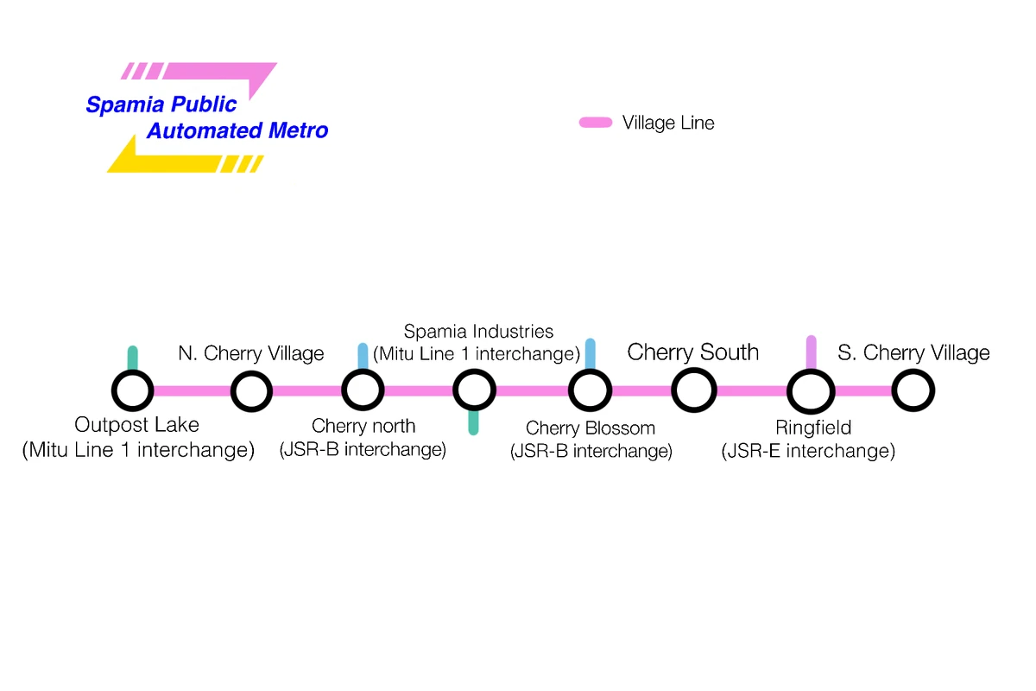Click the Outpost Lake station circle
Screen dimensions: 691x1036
(x=133, y=391)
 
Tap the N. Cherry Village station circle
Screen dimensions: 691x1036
(x=251, y=391)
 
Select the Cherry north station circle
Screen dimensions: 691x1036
(x=363, y=390)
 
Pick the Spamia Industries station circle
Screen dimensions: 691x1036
(x=474, y=391)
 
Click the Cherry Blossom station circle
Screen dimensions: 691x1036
(x=591, y=390)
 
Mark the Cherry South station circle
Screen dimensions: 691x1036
(x=694, y=390)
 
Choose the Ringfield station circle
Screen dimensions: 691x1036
(x=811, y=391)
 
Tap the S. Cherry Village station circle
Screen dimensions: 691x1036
(x=913, y=390)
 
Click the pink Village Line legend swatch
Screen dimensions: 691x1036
(x=596, y=124)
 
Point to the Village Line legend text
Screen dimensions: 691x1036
(x=668, y=124)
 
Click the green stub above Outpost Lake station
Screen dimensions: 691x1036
(x=133, y=358)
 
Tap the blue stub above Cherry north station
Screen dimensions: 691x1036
(x=363, y=355)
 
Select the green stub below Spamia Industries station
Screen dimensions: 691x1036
(x=473, y=423)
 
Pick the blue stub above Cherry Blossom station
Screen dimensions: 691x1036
(x=591, y=353)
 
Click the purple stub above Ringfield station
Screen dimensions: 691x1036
(x=811, y=352)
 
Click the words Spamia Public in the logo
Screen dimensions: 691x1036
(x=161, y=105)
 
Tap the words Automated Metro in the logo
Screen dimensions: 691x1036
(x=237, y=131)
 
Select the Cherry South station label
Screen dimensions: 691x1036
(x=693, y=352)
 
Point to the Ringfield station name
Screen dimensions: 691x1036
(x=813, y=428)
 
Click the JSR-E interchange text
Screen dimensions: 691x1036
(x=808, y=451)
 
